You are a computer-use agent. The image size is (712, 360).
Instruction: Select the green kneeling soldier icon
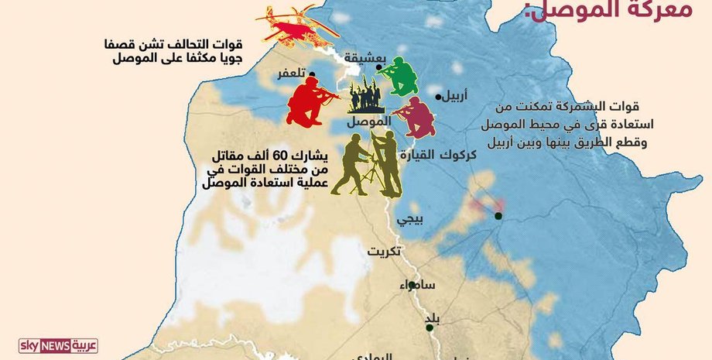[x=401, y=76]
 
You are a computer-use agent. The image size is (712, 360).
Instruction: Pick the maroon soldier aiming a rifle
[x=416, y=116]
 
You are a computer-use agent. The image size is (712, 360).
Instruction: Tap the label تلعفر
[x=289, y=74]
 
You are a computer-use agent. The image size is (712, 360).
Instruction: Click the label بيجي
[x=409, y=219]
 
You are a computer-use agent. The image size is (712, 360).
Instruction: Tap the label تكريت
[x=384, y=252]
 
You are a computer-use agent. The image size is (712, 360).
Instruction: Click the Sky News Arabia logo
[x=59, y=345]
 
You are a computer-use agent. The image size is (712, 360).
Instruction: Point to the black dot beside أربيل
[x=439, y=97]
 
